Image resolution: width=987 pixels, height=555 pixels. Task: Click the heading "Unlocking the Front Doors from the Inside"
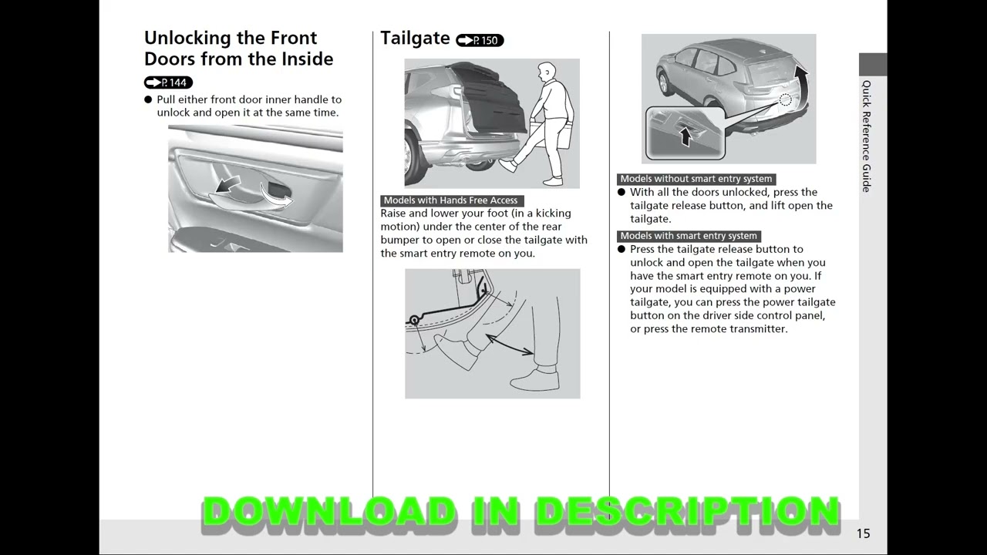tap(238, 49)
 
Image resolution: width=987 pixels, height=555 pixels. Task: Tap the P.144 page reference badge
tap(168, 82)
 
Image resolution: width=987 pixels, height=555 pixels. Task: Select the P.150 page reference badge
tap(480, 40)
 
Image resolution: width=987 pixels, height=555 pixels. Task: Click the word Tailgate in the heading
tap(415, 39)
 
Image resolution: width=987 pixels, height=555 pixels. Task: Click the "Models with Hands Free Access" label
tap(451, 200)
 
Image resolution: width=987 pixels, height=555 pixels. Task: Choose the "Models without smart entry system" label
tap(696, 179)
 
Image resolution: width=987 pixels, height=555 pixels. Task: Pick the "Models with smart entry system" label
tap(689, 236)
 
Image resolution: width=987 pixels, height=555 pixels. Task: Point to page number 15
tap(863, 533)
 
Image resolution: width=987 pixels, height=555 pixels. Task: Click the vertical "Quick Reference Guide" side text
tap(867, 136)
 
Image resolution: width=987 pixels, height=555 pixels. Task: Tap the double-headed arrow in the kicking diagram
tap(509, 345)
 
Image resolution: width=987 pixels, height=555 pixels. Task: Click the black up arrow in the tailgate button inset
tap(684, 136)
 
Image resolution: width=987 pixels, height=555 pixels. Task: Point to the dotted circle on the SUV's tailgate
tap(785, 99)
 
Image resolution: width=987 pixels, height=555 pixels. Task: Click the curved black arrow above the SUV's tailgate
tap(801, 77)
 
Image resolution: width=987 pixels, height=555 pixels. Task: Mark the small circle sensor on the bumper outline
tap(414, 320)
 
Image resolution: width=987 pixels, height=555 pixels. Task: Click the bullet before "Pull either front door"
tap(148, 100)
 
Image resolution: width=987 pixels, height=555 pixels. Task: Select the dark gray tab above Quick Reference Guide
tap(873, 64)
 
